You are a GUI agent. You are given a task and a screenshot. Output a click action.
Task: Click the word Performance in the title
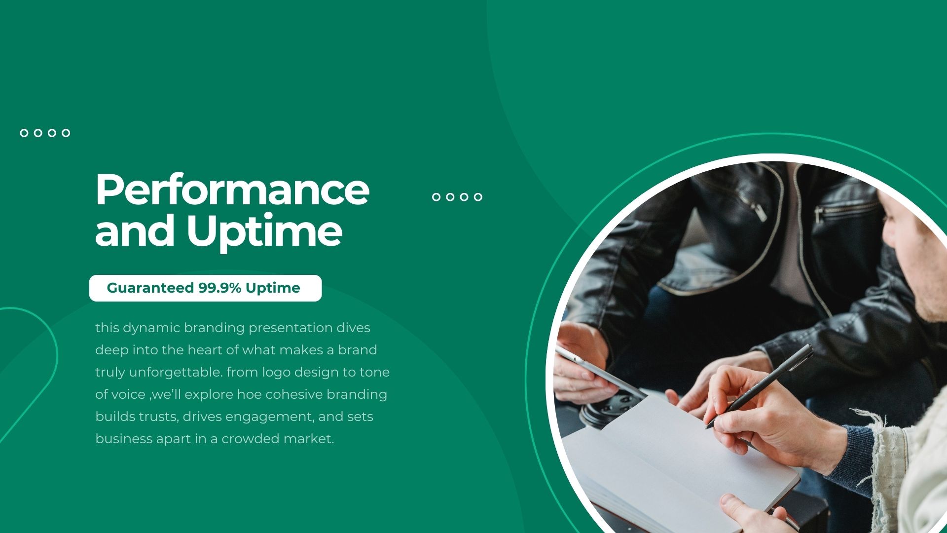click(x=232, y=190)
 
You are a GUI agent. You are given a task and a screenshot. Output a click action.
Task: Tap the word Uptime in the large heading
click(x=264, y=231)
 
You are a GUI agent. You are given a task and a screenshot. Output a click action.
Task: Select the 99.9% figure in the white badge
click(x=219, y=288)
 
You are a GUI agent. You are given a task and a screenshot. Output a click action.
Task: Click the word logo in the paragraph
click(x=276, y=372)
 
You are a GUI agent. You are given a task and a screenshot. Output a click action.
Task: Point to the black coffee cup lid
click(x=612, y=407)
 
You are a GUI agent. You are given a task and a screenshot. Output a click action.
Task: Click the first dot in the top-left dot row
click(x=24, y=133)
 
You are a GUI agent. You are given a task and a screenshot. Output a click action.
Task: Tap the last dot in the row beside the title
click(x=477, y=197)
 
